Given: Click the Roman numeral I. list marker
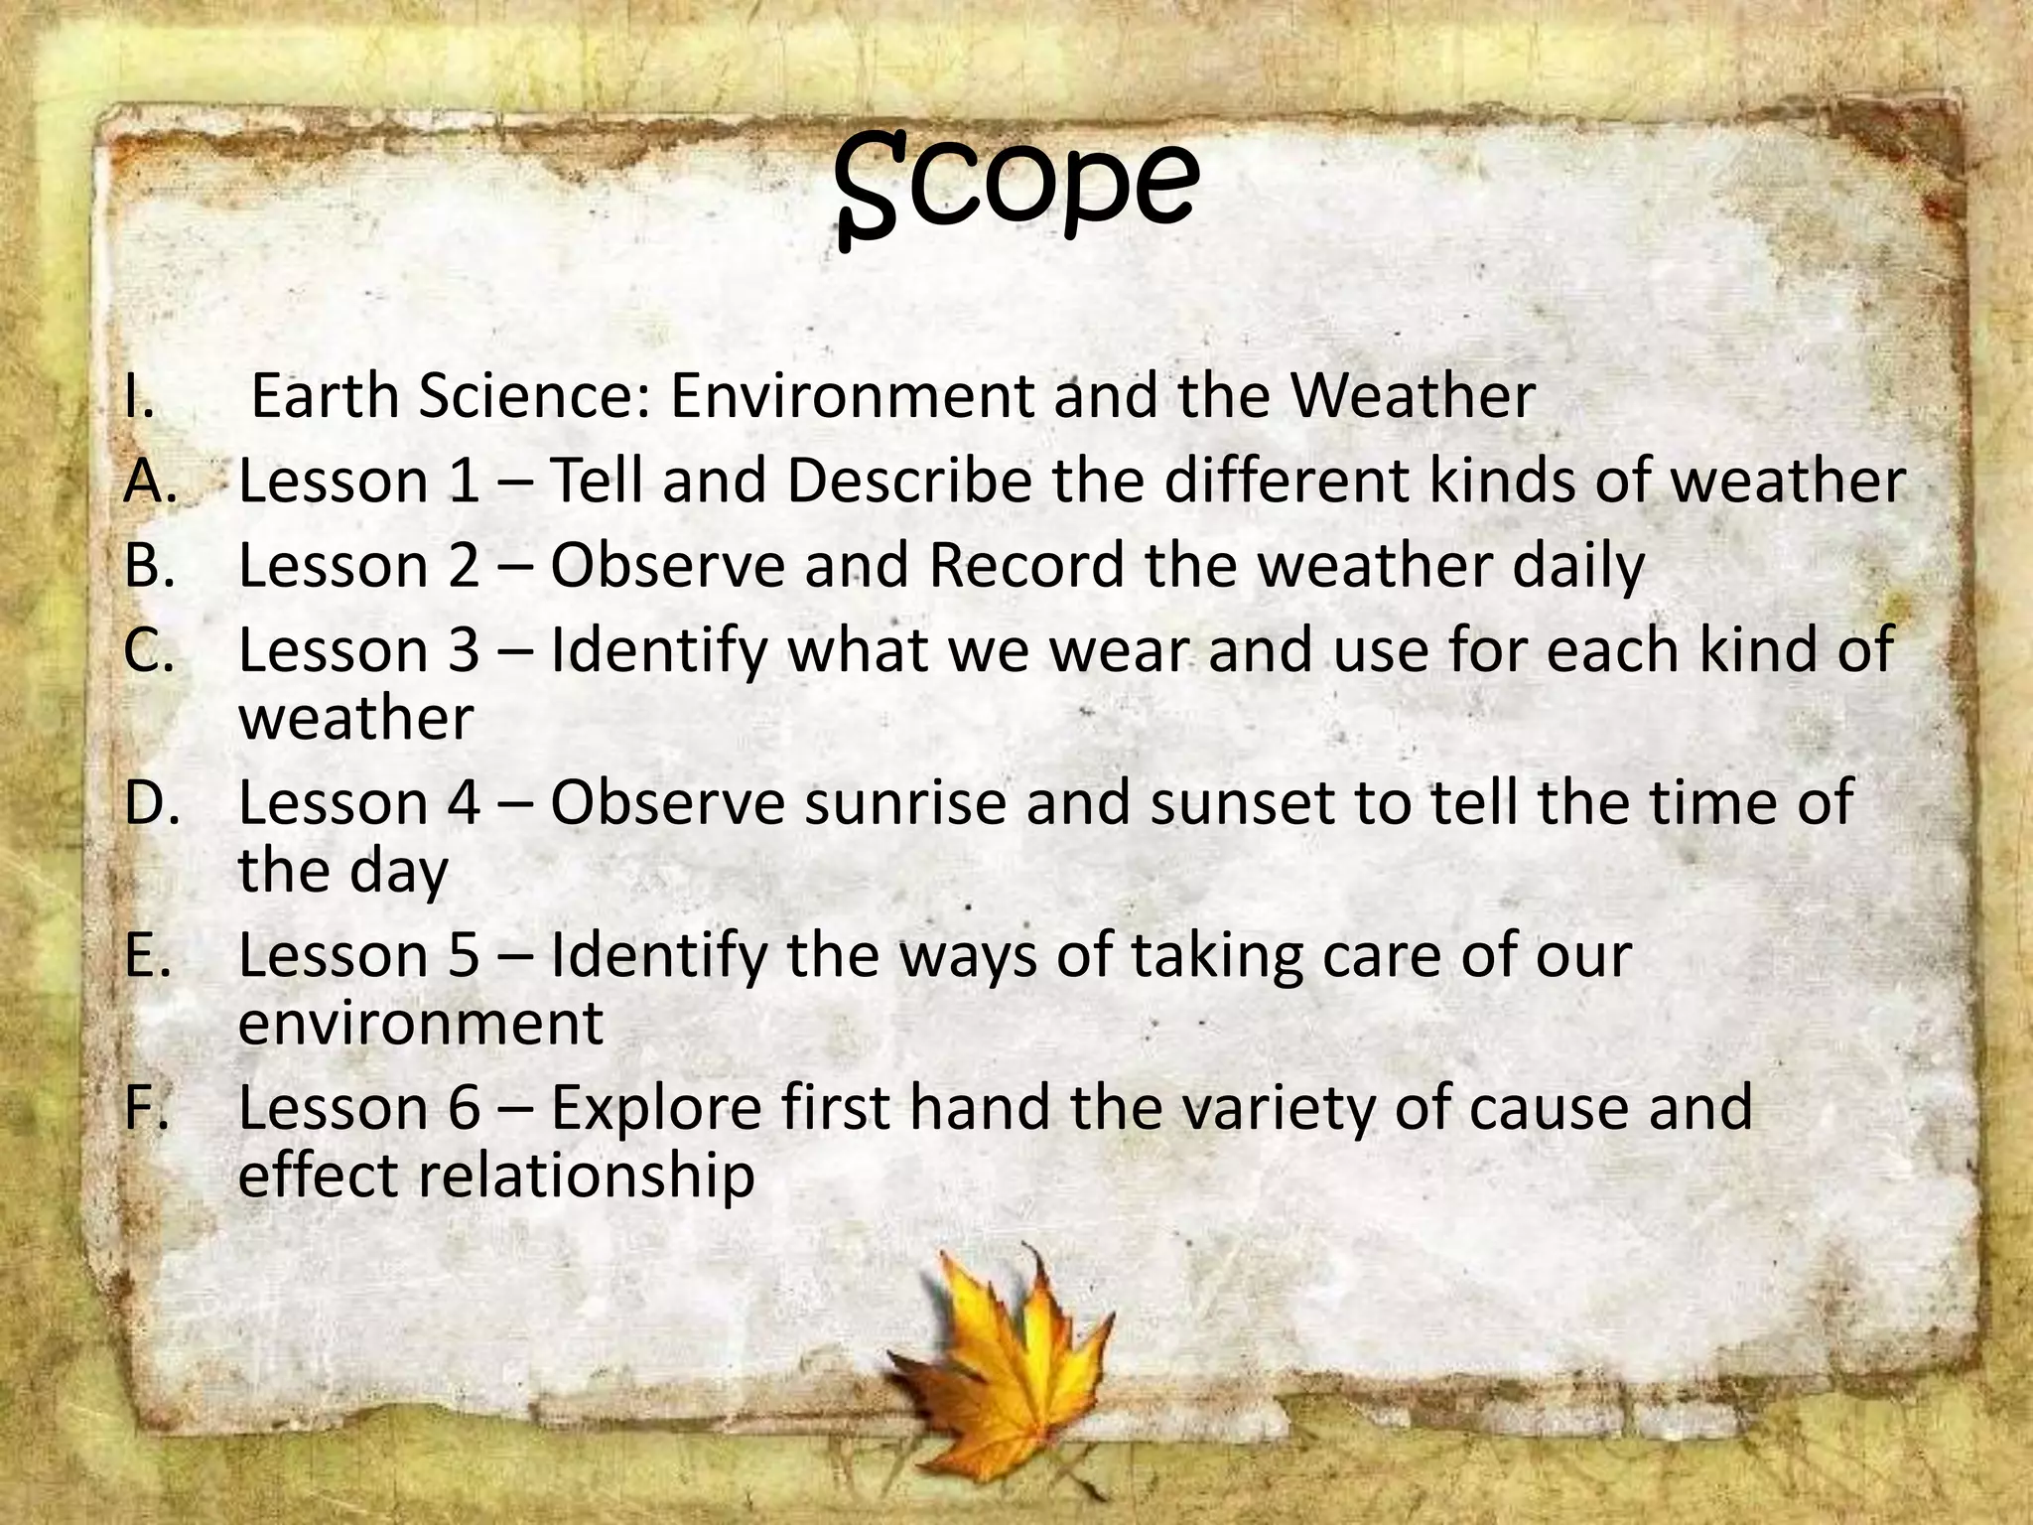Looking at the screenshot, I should [140, 396].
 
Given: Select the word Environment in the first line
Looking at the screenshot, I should [851, 396].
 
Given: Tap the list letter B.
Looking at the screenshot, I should [149, 566].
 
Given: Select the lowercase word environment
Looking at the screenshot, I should [420, 1023].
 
